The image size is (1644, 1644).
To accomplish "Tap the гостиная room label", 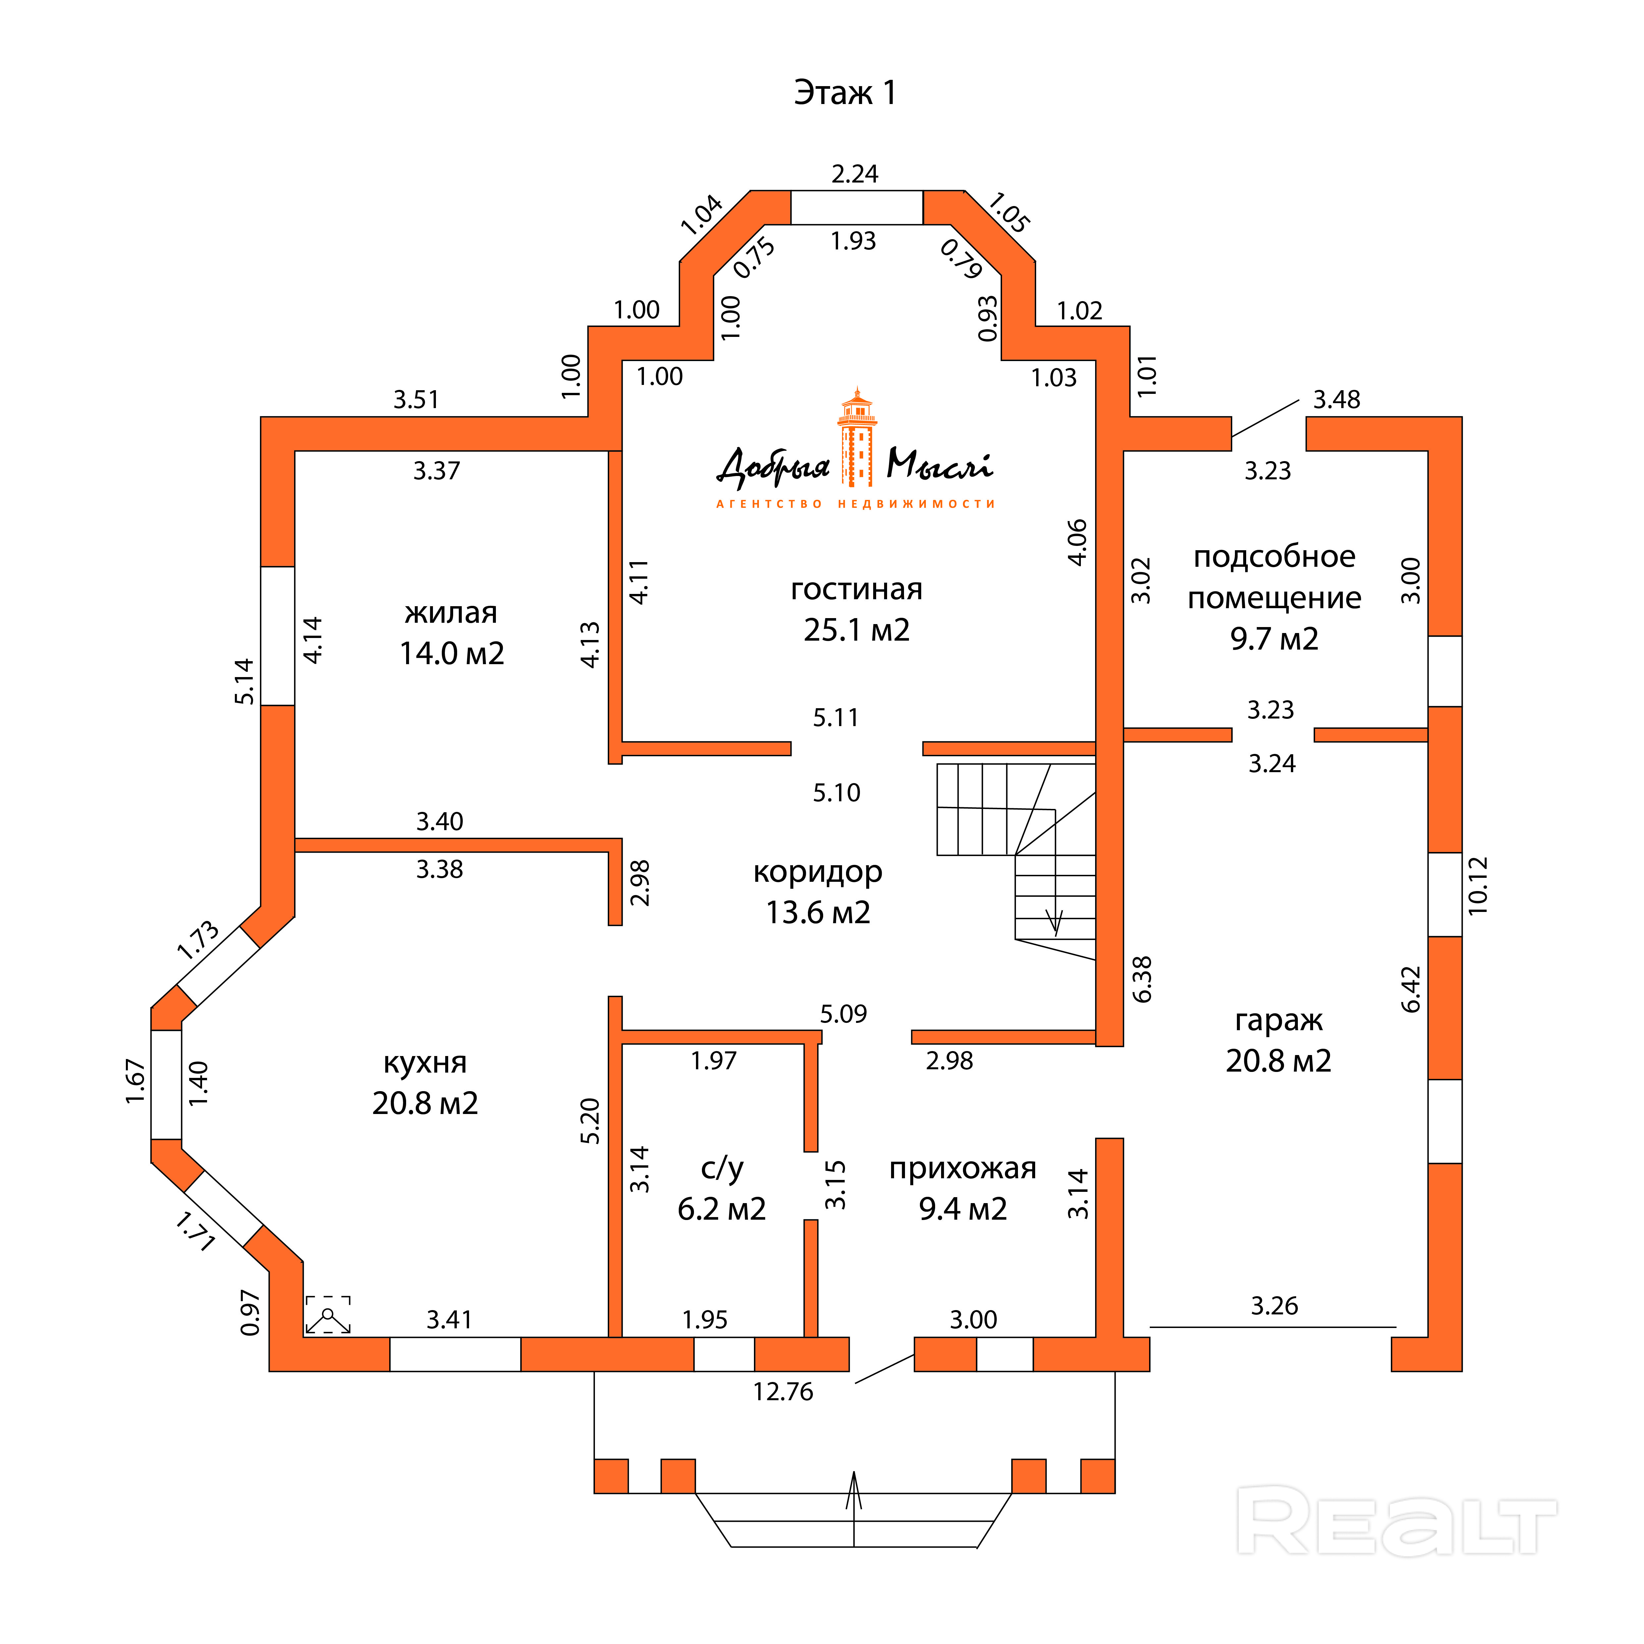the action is click(x=856, y=589).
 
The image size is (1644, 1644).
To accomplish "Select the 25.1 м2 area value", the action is click(x=856, y=630).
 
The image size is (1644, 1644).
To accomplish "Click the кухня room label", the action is click(x=425, y=1063).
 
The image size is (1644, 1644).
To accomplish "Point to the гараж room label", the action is click(x=1278, y=1020).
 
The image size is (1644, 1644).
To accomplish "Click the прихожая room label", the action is click(x=962, y=1168).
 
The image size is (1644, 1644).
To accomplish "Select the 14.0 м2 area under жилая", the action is click(x=452, y=654).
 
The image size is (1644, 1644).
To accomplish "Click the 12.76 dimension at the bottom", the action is click(x=783, y=1391).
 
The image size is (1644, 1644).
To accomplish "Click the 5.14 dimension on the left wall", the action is click(x=244, y=681).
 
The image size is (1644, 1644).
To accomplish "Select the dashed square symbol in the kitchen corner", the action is click(x=328, y=1315).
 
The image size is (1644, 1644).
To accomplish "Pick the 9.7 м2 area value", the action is click(x=1274, y=638).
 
